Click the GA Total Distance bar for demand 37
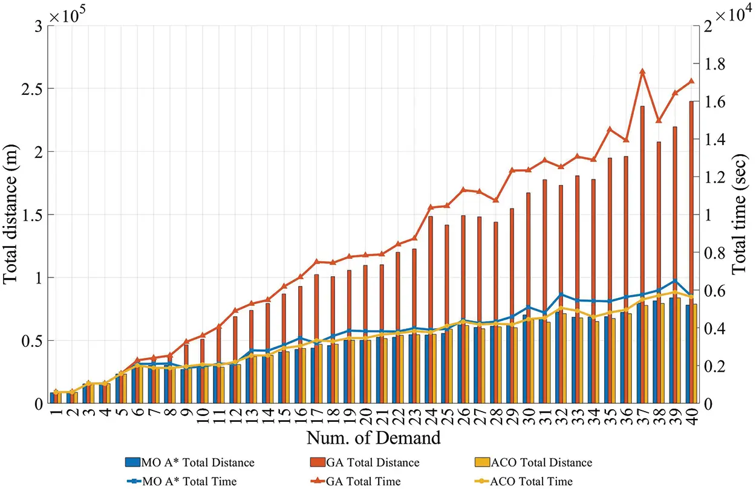(x=642, y=254)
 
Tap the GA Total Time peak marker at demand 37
(x=642, y=71)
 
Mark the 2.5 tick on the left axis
(x=31, y=88)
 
